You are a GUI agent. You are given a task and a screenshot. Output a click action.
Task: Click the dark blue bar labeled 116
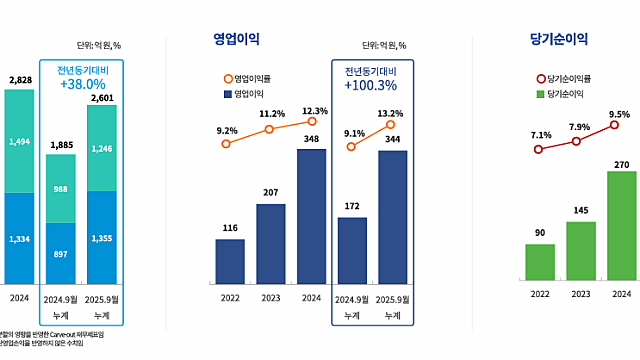pos(230,261)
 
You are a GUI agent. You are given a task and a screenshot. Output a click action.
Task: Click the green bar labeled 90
pos(540,261)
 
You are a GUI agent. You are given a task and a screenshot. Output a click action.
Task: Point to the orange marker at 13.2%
pos(390,125)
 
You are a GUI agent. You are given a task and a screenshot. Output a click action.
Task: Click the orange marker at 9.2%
pos(226,144)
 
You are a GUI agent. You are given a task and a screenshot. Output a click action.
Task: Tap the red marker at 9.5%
pos(614,127)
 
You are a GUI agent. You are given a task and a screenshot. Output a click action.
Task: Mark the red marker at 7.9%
pos(577,141)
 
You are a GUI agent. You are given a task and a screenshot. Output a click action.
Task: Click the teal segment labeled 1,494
pos(19,141)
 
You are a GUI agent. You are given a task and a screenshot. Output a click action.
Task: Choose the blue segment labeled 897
pos(61,253)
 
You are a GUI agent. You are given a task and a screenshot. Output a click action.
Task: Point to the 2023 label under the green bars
pos(580,294)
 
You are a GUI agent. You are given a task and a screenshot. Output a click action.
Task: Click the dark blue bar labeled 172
pos(352,250)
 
